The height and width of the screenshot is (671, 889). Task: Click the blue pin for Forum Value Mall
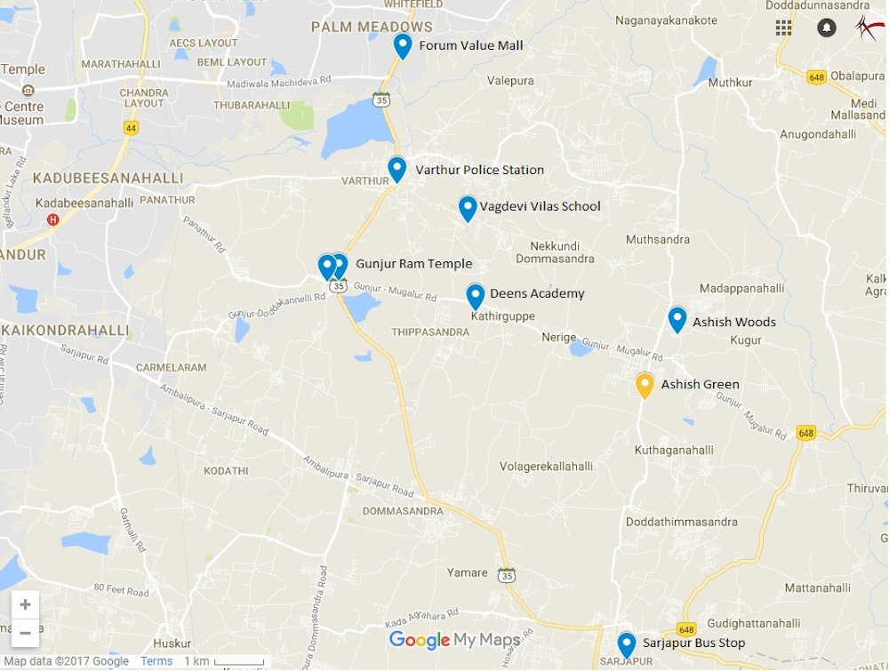coord(403,45)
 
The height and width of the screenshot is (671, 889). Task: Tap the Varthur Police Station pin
coord(397,168)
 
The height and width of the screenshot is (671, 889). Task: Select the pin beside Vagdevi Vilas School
coord(468,208)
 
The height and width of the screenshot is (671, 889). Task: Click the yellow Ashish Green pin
coord(645,385)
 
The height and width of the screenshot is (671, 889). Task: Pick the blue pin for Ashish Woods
coord(677,319)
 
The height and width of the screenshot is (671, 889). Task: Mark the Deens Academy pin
coord(476,295)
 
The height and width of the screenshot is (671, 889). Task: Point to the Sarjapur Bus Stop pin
coord(627,644)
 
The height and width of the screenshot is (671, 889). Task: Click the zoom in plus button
coord(25,605)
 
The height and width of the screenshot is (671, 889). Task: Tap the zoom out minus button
coord(25,634)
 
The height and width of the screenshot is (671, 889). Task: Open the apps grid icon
coord(783,28)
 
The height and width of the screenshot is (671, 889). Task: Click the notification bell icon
coord(827,28)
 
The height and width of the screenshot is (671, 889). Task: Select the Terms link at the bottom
coord(156,661)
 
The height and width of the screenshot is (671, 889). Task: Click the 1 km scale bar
coord(224,661)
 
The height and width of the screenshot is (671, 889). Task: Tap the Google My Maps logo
coord(454,640)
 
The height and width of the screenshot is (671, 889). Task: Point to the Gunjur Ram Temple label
coord(413,264)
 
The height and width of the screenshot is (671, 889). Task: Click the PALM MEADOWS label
coord(372,28)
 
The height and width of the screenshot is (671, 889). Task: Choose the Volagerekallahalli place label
coord(546,466)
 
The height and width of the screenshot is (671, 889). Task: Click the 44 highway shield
coord(132,127)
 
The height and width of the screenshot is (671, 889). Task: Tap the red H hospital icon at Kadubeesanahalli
coord(53,219)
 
